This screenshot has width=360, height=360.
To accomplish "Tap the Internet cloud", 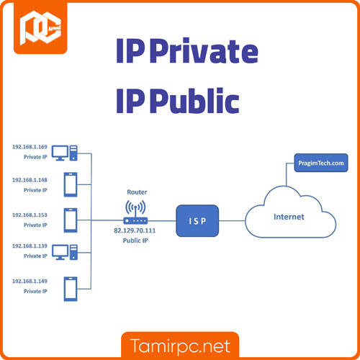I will tap(287, 215).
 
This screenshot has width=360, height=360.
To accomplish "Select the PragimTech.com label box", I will tap(322, 164).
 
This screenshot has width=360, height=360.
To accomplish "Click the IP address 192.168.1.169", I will tap(29, 148).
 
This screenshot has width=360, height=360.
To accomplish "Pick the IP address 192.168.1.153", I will tap(29, 215).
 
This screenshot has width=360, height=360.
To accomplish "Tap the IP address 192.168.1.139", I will tap(29, 246).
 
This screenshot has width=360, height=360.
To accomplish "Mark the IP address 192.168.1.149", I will tap(29, 281).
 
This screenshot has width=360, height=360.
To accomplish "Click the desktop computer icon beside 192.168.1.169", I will tap(66, 153).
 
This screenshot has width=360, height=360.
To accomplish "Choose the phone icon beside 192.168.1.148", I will tap(71, 185).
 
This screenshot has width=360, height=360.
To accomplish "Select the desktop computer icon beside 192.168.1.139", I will tap(66, 252).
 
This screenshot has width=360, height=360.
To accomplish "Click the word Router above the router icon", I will tap(137, 192).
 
